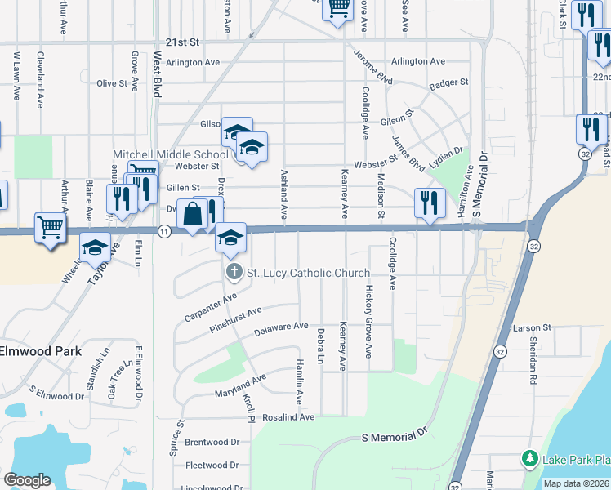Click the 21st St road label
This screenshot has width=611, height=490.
tap(182, 42)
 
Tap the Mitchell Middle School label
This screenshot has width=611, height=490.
tap(170, 154)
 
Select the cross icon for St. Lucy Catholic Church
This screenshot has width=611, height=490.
tap(233, 273)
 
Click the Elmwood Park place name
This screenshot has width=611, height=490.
tap(41, 350)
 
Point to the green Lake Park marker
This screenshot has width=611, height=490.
tap(529, 459)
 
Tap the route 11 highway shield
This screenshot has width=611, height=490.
tap(165, 232)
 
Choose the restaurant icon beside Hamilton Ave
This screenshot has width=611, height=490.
tap(428, 203)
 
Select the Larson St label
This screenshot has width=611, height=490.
tap(533, 328)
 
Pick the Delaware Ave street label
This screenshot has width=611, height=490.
tap(281, 329)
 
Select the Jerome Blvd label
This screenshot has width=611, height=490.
tap(374, 69)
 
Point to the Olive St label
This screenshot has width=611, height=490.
tap(113, 83)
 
